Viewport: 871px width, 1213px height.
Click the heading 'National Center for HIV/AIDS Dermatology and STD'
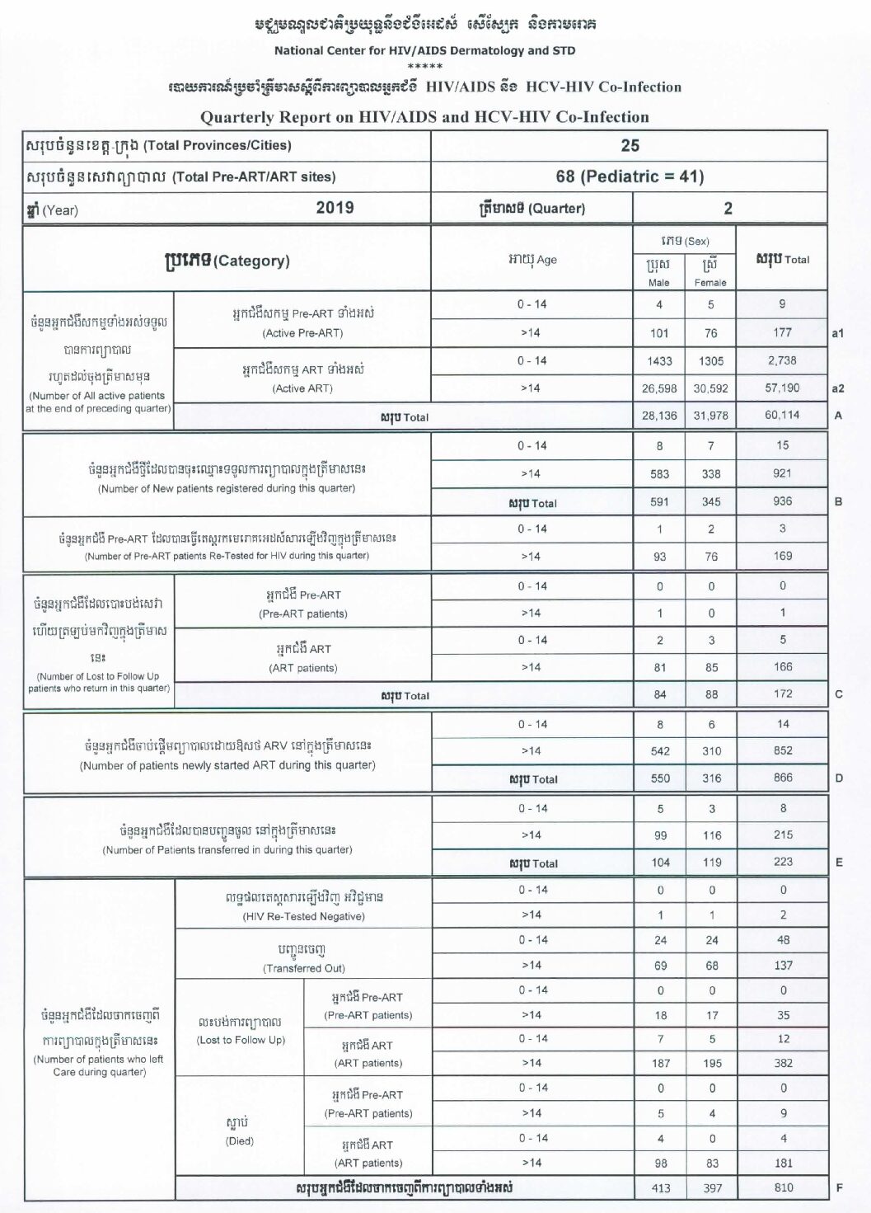point(424,50)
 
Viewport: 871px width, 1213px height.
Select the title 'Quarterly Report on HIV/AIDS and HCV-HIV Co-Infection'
point(424,117)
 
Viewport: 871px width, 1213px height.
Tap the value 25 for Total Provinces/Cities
point(630,145)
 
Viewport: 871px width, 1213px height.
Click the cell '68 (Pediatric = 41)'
point(630,176)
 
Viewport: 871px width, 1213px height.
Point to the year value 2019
point(335,208)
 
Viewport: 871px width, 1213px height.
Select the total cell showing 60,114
point(782,415)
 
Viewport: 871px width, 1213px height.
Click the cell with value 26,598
point(659,388)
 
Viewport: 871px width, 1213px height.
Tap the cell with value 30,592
point(711,388)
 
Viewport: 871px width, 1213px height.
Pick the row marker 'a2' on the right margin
point(838,388)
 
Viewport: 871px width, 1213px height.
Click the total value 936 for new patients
point(782,501)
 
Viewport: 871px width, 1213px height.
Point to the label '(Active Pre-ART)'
point(302,333)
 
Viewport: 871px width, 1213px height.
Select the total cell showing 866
point(783,778)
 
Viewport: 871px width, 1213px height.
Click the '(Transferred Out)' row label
point(304,968)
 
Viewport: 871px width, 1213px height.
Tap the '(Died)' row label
point(240,1141)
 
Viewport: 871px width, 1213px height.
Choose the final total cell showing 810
point(784,1187)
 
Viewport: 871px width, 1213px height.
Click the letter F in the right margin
point(839,1188)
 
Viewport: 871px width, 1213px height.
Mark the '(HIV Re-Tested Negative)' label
point(304,916)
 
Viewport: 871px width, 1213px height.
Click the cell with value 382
point(784,1063)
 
